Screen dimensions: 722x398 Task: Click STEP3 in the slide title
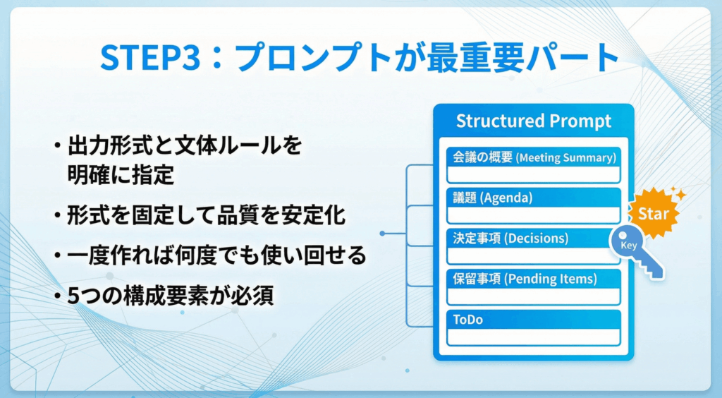pyautogui.click(x=150, y=57)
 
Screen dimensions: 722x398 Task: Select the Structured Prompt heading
pyautogui.click(x=533, y=121)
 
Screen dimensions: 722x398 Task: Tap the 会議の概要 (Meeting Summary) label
pyautogui.click(x=534, y=157)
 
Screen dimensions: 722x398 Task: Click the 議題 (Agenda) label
pyautogui.click(x=492, y=198)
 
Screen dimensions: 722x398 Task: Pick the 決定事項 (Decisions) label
pyautogui.click(x=510, y=238)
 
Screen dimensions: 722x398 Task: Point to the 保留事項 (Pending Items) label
pyautogui.click(x=525, y=279)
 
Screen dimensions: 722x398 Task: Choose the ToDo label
pyautogui.click(x=468, y=319)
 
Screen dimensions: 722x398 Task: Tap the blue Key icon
pyautogui.click(x=635, y=250)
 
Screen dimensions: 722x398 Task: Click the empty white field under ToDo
pyautogui.click(x=534, y=337)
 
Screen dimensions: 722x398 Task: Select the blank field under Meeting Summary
pyautogui.click(x=534, y=174)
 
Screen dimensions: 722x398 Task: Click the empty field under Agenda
pyautogui.click(x=534, y=215)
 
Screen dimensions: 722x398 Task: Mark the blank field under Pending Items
pyautogui.click(x=534, y=296)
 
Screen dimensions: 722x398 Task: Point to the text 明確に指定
pyautogui.click(x=121, y=175)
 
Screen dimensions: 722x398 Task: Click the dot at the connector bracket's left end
pyautogui.click(x=382, y=234)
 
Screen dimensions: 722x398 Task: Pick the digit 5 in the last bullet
pyautogui.click(x=73, y=296)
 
